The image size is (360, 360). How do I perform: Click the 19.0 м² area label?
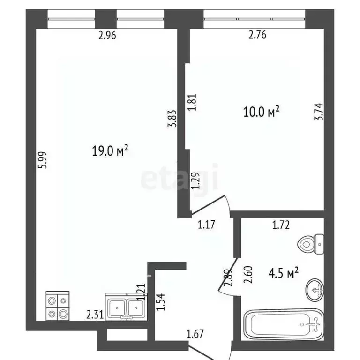111,151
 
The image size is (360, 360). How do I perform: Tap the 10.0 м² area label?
261,112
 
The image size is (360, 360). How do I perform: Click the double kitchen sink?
125,307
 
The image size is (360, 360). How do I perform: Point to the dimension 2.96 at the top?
107,36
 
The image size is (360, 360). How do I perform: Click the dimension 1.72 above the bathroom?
281,225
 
